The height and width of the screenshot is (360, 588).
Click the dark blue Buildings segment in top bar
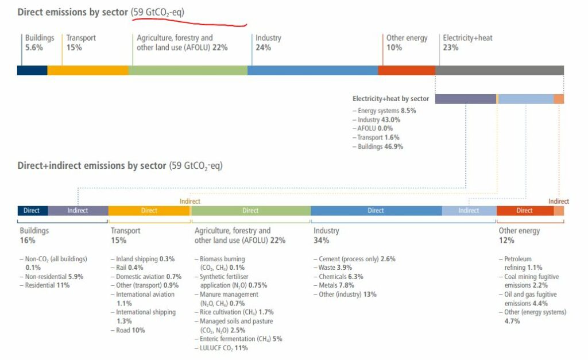[x=32, y=71]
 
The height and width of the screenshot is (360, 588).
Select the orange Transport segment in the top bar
[x=88, y=71]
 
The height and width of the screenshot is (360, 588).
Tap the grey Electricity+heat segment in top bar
[x=499, y=71]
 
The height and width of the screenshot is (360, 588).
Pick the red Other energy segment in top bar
[x=407, y=71]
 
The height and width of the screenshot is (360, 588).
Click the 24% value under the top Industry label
[x=263, y=48]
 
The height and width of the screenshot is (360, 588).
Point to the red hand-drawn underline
[x=189, y=22]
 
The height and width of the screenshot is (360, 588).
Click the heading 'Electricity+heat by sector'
[x=390, y=99]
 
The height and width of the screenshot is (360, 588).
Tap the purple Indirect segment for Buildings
[x=78, y=211]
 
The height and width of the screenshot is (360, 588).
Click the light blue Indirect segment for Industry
[x=469, y=211]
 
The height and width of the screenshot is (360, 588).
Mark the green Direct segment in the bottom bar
[x=250, y=211]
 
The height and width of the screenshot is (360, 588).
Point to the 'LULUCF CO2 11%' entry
[x=223, y=348]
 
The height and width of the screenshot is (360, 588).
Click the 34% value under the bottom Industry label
[x=320, y=241]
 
